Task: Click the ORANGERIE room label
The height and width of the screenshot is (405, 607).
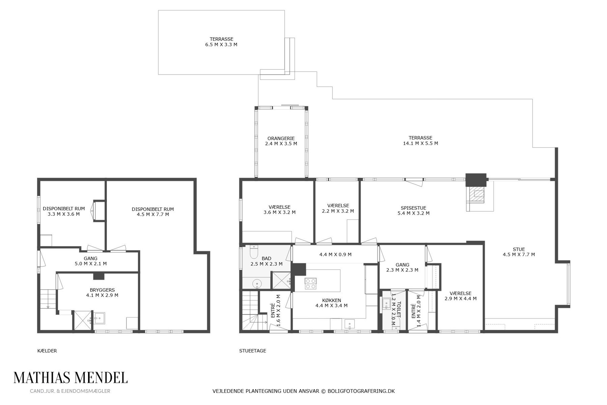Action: coord(281,138)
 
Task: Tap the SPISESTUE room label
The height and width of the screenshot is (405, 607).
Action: coord(413,208)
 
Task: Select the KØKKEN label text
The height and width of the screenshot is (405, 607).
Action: coord(331,300)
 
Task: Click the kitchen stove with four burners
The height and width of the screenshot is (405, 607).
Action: coord(310,283)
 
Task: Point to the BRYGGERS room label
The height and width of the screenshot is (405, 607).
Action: coord(102,290)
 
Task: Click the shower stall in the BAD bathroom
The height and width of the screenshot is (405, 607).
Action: coord(281,281)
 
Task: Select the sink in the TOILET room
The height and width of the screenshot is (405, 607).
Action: coord(386,303)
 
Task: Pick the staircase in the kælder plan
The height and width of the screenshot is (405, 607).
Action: coord(48,299)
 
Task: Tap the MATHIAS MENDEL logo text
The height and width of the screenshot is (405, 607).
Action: coord(70,378)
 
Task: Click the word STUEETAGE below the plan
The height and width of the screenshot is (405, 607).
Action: coord(253,351)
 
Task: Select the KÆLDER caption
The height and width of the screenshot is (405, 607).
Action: coord(47,351)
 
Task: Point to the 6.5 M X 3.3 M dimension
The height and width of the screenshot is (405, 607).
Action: coord(221,45)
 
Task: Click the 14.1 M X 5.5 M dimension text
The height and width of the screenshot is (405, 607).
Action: coord(421,143)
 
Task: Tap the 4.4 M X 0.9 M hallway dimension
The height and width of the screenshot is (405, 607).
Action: coord(336,254)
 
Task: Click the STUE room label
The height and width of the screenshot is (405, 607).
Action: coord(519,249)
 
